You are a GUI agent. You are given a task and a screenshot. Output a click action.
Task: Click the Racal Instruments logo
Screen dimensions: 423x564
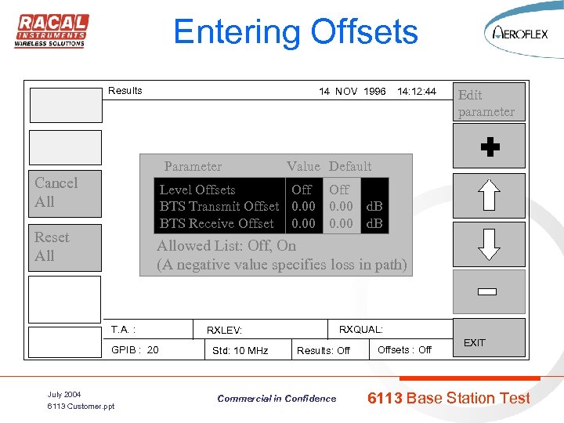[52, 31]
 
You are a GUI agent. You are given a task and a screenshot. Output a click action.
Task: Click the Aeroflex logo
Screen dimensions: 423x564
[519, 32]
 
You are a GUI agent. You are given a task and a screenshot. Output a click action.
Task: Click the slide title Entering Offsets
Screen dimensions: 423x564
[295, 32]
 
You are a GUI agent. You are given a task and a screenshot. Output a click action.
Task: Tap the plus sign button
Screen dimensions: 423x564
[490, 147]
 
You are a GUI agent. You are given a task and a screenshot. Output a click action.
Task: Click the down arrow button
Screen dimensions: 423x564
[490, 243]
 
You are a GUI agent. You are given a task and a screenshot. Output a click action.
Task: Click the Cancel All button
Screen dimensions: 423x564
[66, 193]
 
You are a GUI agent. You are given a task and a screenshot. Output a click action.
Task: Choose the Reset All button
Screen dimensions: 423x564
[66, 247]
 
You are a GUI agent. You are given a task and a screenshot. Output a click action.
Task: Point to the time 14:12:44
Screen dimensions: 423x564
[416, 92]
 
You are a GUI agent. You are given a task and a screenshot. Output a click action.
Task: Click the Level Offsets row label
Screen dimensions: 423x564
[197, 190]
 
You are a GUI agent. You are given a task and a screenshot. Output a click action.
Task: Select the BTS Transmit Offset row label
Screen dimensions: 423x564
[219, 207]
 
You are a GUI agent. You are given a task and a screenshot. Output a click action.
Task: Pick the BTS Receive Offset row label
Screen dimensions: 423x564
[217, 224]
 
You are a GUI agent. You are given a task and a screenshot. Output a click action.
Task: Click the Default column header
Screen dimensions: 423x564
[350, 166]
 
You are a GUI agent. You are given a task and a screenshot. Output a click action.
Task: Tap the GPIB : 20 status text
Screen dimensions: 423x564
[135, 349]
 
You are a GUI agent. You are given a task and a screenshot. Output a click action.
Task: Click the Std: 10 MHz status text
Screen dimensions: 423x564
[240, 350]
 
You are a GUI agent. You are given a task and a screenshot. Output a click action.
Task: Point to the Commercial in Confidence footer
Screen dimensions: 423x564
[277, 399]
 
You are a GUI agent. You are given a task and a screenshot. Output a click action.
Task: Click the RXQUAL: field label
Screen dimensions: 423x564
[360, 330]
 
